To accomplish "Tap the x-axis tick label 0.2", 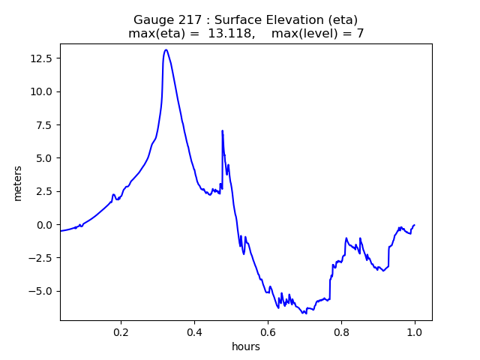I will point(121,331).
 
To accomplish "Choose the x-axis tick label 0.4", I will point(194,331).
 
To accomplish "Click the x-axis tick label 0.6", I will point(268,331).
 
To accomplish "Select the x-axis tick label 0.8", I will point(341,331).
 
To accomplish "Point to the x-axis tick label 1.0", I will point(415,331).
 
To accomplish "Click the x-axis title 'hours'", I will point(246,346).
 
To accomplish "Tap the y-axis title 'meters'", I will point(18,182).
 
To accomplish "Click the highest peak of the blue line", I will point(166,50).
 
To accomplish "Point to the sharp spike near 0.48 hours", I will point(222,131).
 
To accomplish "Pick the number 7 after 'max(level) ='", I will point(360,34).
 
